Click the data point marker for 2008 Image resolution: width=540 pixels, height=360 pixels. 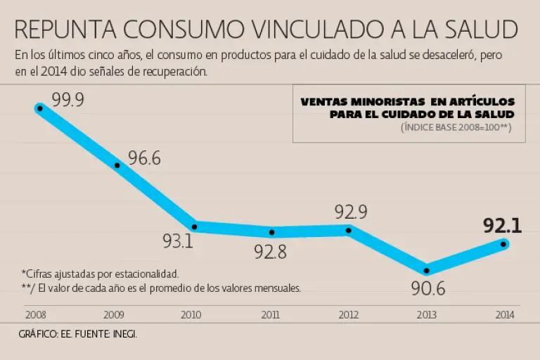tap(40, 108)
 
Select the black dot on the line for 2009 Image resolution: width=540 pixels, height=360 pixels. tap(117, 165)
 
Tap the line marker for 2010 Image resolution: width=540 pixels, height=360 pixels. tap(195, 225)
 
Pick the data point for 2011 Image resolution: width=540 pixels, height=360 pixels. tap(272, 232)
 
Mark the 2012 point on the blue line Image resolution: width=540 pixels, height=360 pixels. tap(349, 230)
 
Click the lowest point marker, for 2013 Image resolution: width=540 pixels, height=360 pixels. tap(427, 270)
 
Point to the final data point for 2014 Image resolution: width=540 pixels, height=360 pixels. tap(503, 244)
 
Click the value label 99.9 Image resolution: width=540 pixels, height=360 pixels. tap(67, 100)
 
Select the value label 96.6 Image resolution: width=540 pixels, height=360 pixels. tap(144, 158)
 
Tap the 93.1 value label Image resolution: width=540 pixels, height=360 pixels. tap(178, 243)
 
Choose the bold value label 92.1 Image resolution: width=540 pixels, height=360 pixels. tap(502, 226)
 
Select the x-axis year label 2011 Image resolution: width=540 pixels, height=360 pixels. tap(269, 316)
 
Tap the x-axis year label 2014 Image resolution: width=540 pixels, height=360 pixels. tap(503, 316)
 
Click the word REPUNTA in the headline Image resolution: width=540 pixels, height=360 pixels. tap(64, 30)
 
